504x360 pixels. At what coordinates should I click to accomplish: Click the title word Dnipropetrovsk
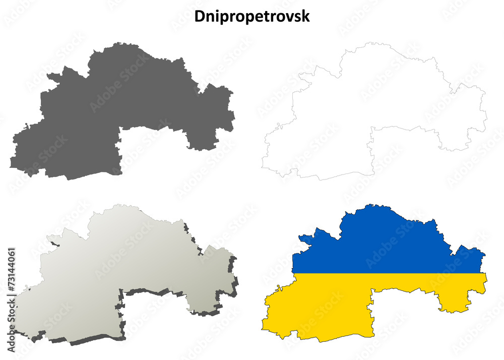coord(252,16)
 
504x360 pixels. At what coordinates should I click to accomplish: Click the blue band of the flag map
coord(383,242)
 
